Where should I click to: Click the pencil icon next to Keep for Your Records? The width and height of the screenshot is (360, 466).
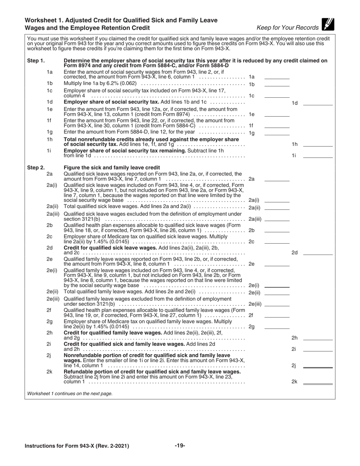tap(327, 24)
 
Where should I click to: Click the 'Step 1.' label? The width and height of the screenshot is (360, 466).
tap(36, 61)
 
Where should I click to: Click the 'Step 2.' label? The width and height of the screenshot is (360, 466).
tap(36, 167)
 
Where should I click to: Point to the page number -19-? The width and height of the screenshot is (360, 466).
tap(180, 446)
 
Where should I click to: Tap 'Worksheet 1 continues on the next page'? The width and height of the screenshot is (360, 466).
tap(70, 394)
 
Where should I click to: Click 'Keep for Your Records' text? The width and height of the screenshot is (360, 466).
tap(287, 28)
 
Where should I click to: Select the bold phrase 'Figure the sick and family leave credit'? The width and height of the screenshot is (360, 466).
tap(112, 167)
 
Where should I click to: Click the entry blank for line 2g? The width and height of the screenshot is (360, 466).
tap(277, 327)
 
